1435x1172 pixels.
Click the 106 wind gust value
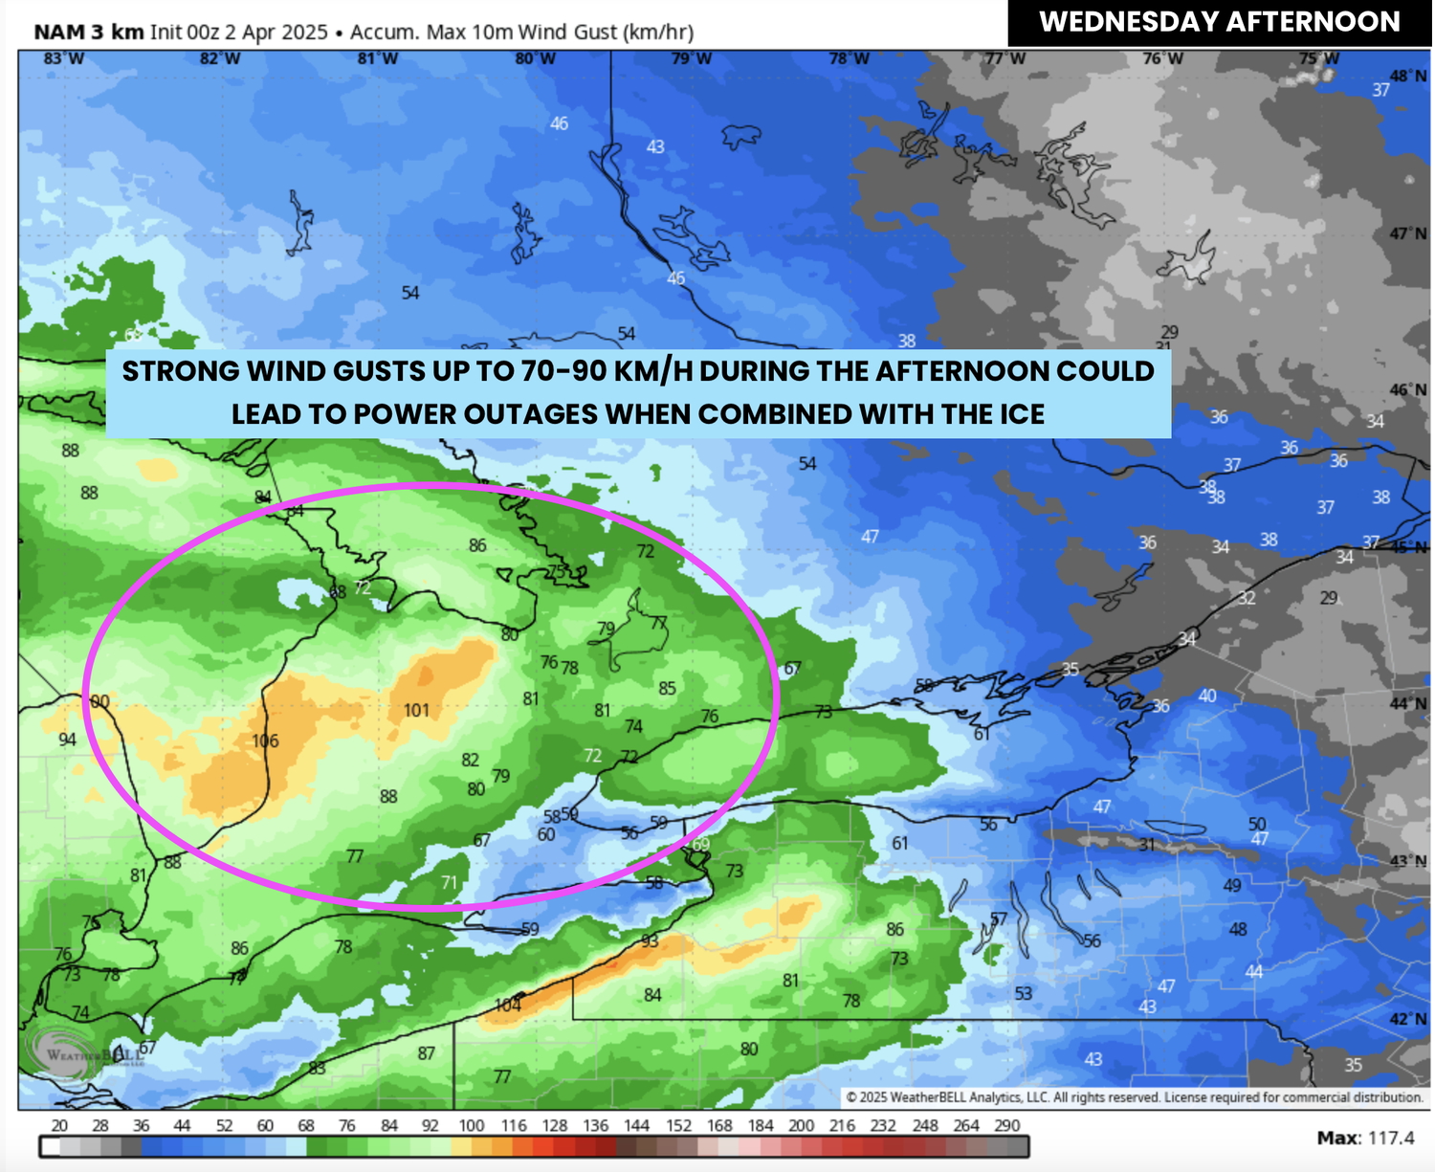click(265, 741)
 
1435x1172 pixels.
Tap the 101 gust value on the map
click(416, 710)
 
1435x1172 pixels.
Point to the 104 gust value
click(508, 1005)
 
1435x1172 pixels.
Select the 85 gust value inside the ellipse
click(668, 688)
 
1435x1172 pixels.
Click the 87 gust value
click(427, 1053)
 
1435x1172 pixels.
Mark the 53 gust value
click(1024, 994)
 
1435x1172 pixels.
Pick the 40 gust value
click(1207, 696)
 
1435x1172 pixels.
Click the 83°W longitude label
click(64, 59)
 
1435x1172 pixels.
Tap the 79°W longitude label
click(691, 59)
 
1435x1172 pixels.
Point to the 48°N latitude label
click(1408, 76)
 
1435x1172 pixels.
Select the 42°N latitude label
click(1408, 1019)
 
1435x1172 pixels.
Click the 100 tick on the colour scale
click(472, 1126)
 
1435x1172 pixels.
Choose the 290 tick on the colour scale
click(1007, 1126)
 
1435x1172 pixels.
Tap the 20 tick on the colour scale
click(59, 1126)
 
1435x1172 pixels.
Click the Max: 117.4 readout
click(1365, 1138)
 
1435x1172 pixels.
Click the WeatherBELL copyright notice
click(1134, 1097)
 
